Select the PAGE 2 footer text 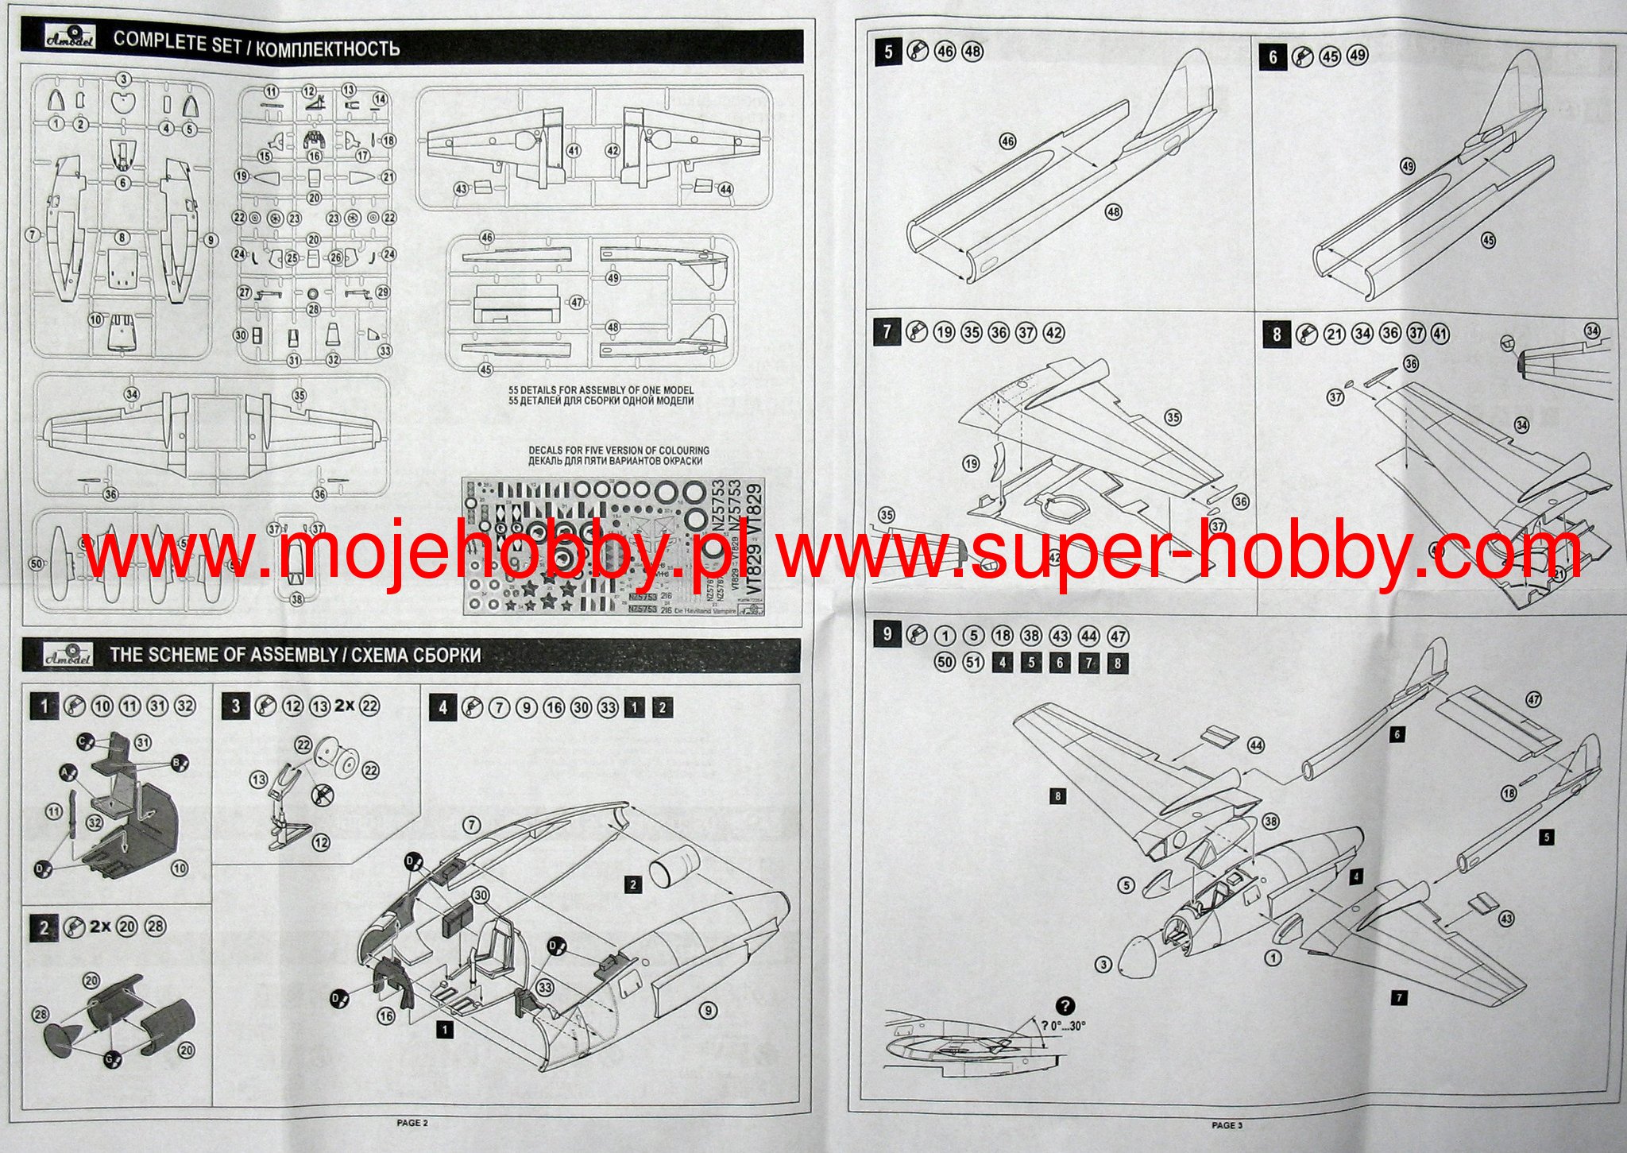tap(412, 1123)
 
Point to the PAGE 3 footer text tap(1227, 1124)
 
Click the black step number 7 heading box tap(887, 331)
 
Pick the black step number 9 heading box tap(887, 634)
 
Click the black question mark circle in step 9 tap(1065, 1005)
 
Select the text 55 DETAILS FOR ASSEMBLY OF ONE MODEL tap(601, 390)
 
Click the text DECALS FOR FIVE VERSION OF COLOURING tap(619, 451)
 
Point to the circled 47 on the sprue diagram tap(577, 303)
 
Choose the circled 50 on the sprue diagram tap(36, 563)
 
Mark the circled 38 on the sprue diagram tap(296, 599)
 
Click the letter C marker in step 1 tap(82, 741)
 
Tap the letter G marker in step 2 tap(108, 1058)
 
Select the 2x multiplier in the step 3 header tap(344, 705)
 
